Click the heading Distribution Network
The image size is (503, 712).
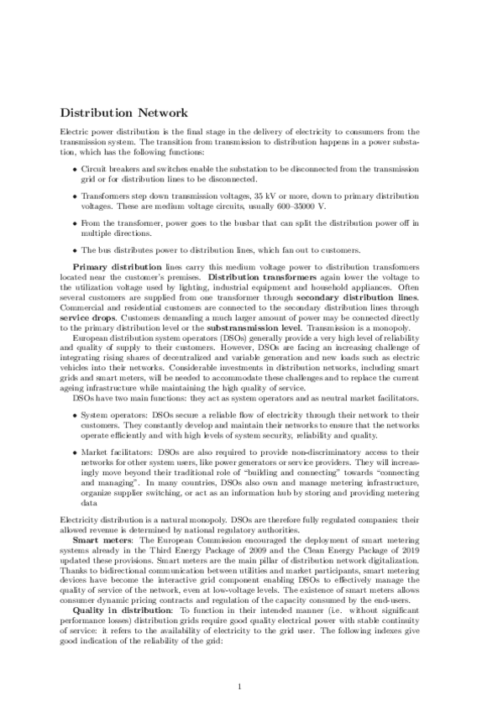(x=123, y=113)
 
